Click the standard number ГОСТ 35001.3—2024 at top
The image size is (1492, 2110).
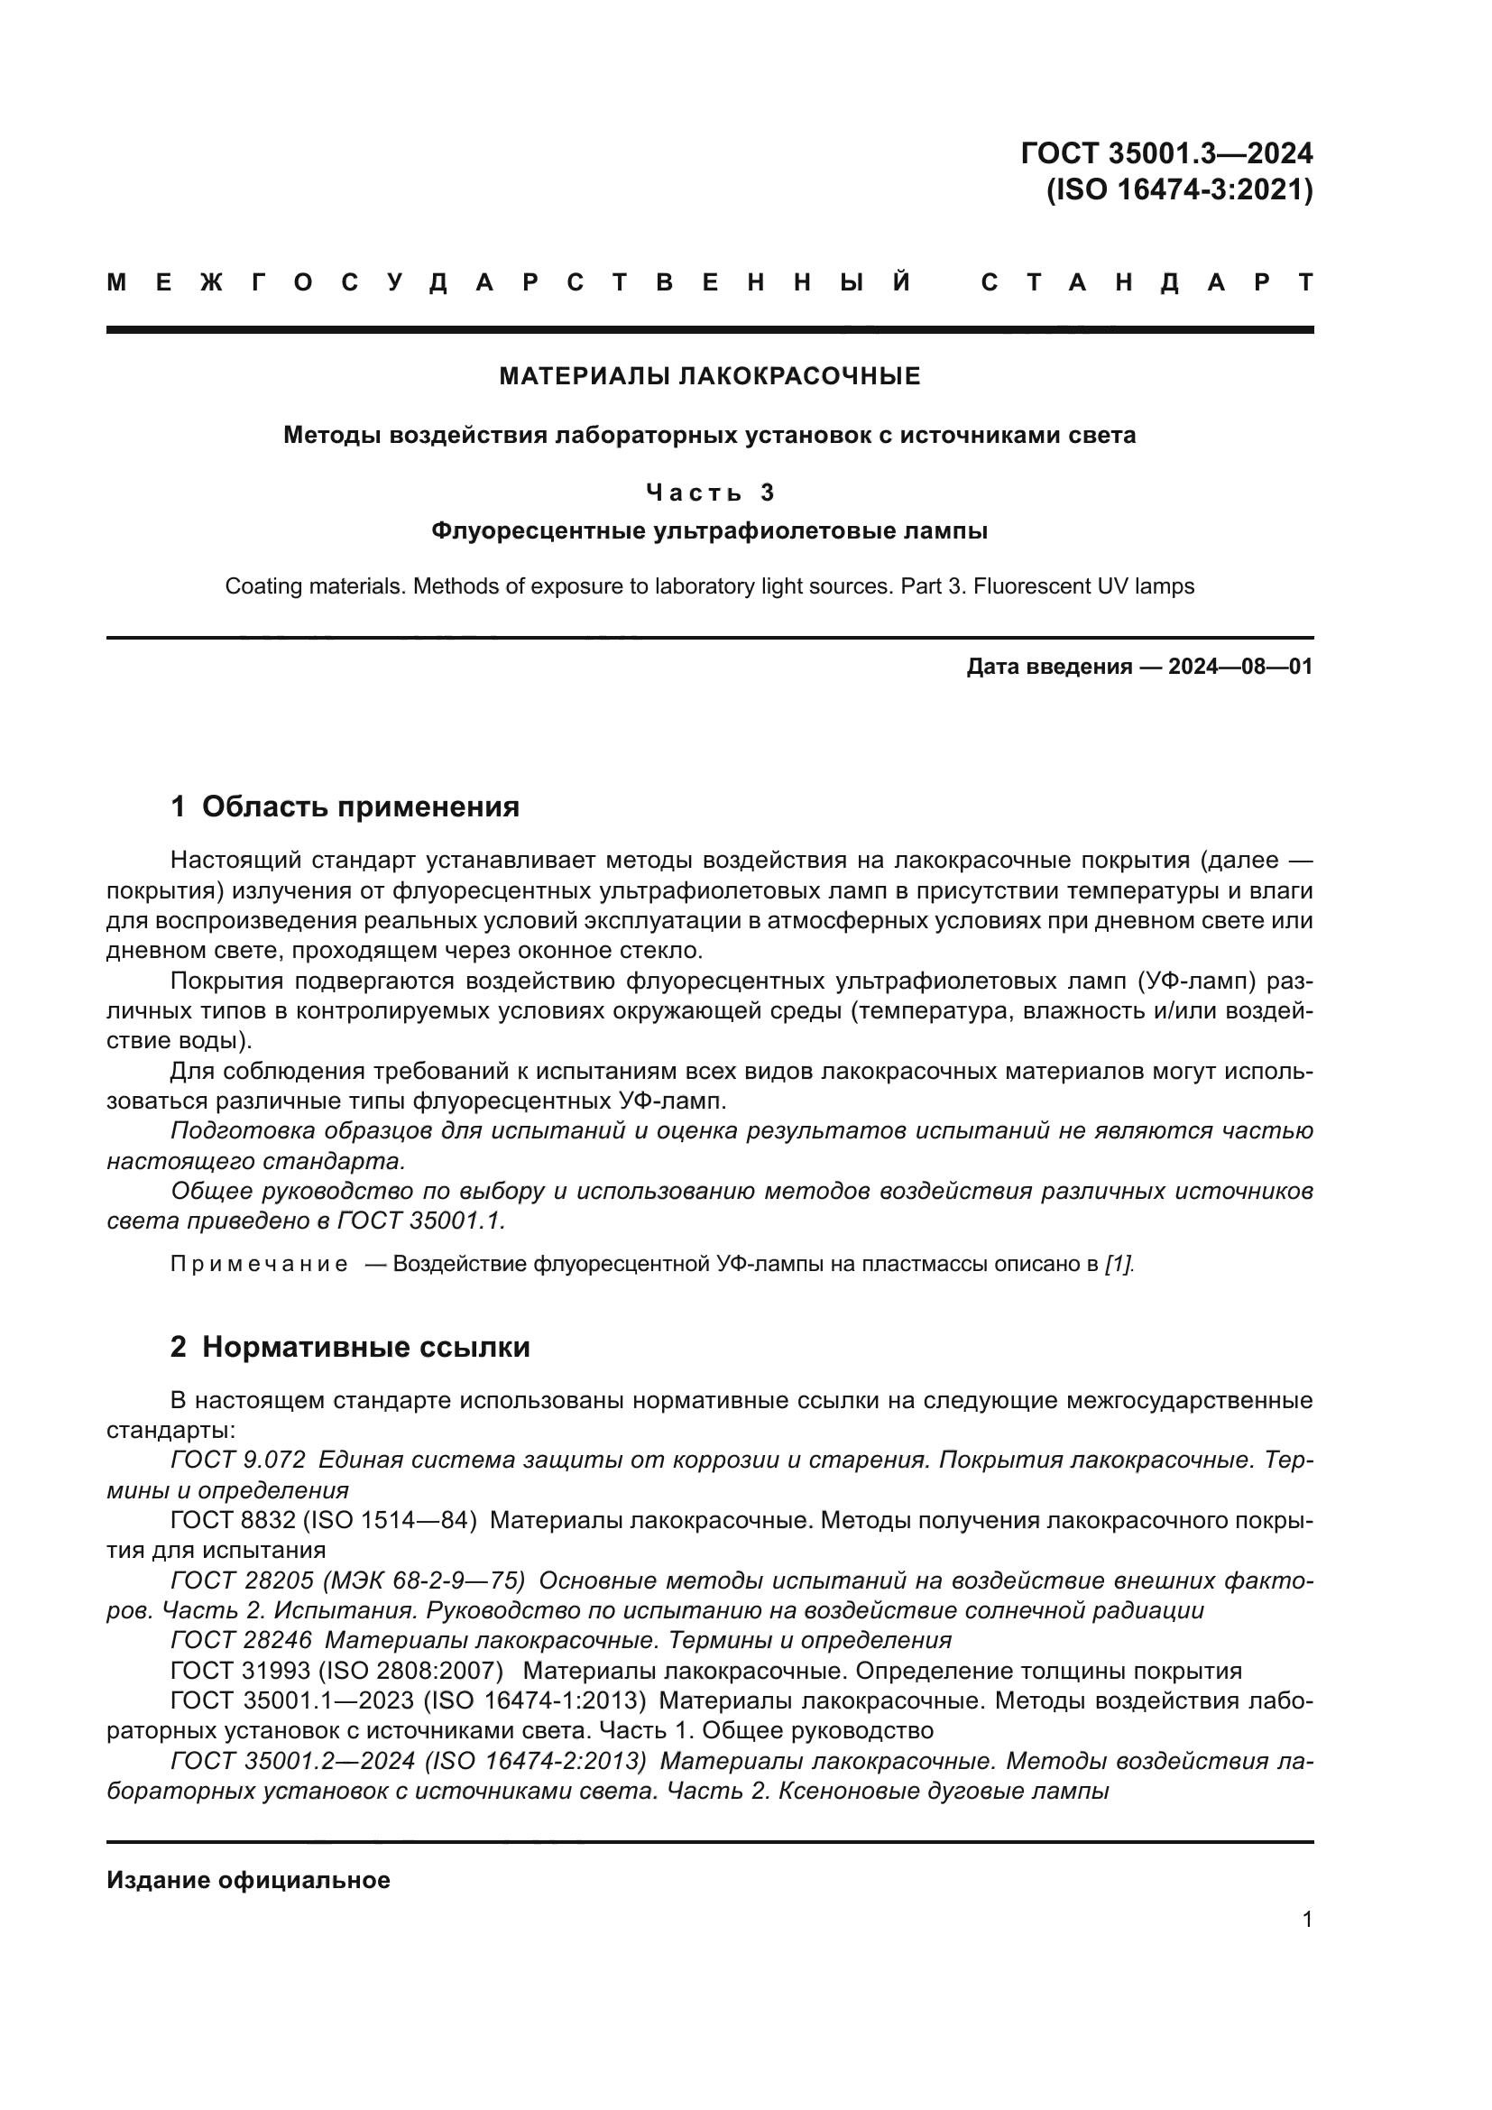1165,152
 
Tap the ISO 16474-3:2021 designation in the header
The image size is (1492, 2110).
1180,190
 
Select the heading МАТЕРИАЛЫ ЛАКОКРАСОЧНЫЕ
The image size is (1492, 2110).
709,376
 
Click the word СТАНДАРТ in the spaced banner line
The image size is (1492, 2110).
1147,283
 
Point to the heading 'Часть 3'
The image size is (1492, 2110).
709,493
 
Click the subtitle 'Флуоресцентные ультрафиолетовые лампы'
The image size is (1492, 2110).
709,531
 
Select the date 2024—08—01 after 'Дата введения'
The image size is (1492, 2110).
1240,668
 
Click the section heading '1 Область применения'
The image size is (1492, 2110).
345,806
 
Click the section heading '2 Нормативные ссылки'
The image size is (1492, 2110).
350,1347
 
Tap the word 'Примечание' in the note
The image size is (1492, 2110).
259,1265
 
